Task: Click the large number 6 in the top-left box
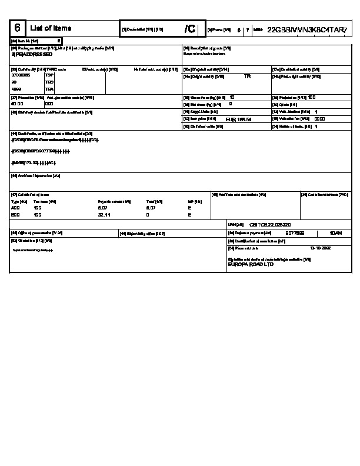(17, 28)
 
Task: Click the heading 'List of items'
(50, 28)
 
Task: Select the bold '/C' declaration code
(189, 29)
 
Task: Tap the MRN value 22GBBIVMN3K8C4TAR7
(306, 29)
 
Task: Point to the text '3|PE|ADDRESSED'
(32, 54)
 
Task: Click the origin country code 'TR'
(247, 76)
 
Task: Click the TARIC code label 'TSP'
(49, 75)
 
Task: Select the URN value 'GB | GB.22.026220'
(270, 225)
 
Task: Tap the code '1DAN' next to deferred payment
(336, 233)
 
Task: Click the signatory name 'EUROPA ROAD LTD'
(251, 265)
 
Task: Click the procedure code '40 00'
(18, 103)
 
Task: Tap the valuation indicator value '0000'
(320, 118)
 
